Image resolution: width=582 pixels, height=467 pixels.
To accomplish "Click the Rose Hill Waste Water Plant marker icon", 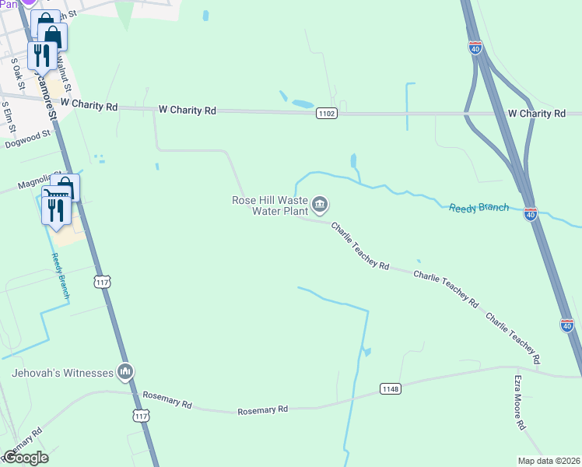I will point(320,205).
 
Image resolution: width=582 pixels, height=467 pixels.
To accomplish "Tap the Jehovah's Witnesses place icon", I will point(125,373).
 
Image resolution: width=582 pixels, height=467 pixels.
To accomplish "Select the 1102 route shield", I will point(327,114).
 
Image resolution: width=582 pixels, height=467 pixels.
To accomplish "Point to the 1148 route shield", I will point(391,388).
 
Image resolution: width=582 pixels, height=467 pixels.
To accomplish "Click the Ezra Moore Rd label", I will point(519,403).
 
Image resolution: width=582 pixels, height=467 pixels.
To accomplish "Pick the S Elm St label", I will point(7,114).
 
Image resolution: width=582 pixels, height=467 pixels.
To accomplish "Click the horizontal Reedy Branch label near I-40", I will point(479,207).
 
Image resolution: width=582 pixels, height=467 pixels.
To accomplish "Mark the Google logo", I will point(26,457).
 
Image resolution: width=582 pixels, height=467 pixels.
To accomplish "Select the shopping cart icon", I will point(55,193).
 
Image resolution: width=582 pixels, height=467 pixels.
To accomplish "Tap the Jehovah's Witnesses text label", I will point(62,373).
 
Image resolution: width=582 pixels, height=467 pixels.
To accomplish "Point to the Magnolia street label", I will point(34,184).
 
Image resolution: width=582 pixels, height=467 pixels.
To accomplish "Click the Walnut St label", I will point(65,79).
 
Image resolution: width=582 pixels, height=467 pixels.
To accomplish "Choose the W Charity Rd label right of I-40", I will point(536,114).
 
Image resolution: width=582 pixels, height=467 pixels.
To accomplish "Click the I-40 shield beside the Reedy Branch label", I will point(530,213).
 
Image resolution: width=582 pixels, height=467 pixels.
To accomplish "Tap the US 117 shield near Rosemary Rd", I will point(141,416).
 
